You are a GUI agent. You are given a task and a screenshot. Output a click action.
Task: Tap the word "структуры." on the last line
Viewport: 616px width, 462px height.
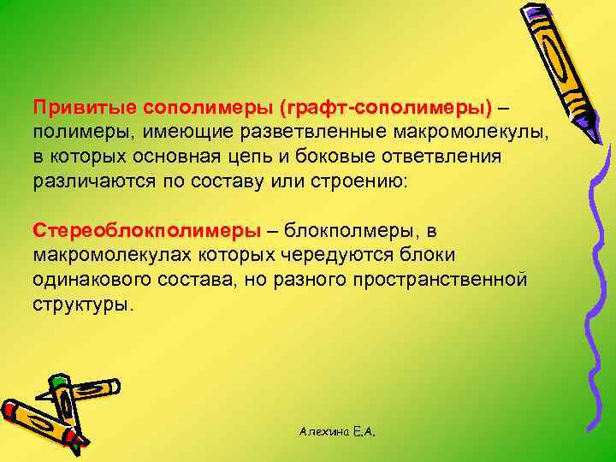84,304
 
